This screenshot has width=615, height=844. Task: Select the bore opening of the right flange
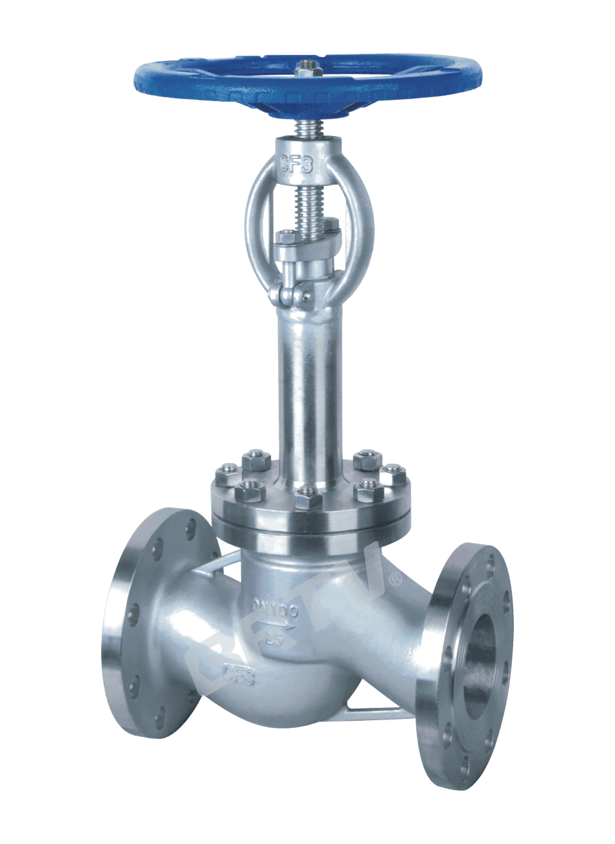click(482, 655)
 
